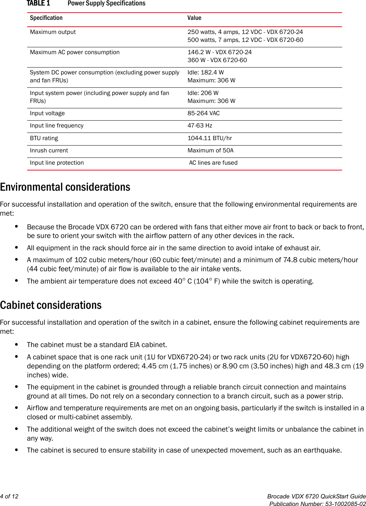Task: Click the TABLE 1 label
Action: [38, 4]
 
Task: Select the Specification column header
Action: [46, 18]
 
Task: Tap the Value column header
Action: [194, 18]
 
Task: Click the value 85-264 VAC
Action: [203, 113]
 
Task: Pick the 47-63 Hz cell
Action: [200, 126]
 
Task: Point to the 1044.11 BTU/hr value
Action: [209, 138]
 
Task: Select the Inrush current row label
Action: [49, 151]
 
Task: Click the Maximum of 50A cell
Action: [210, 151]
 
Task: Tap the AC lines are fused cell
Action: [213, 163]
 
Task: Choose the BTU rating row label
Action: [44, 138]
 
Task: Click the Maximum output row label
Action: [53, 32]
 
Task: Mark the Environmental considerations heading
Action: [65, 187]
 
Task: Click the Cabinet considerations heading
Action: [51, 305]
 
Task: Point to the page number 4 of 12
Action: [9, 496]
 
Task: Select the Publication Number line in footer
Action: [317, 504]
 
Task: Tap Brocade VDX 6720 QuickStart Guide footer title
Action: [316, 496]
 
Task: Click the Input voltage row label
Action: [47, 113]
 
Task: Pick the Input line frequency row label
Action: [56, 126]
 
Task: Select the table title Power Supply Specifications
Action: [106, 4]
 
